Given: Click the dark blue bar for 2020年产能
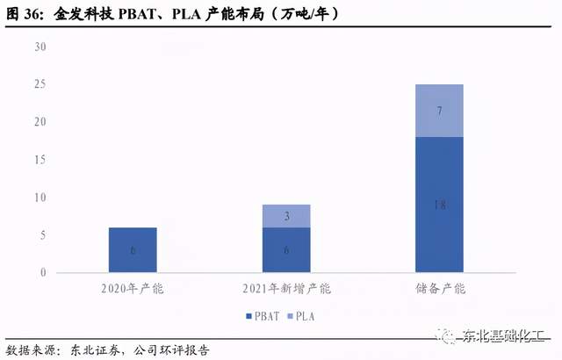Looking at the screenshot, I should pyautogui.click(x=133, y=250).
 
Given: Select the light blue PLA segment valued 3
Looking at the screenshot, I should pyautogui.click(x=286, y=216).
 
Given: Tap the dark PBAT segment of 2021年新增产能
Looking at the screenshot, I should pyautogui.click(x=286, y=250).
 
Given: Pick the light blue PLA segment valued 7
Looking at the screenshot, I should pyautogui.click(x=439, y=111).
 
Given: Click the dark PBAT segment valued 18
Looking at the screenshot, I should pyautogui.click(x=439, y=205).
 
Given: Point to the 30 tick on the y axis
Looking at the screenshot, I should pyautogui.click(x=40, y=47).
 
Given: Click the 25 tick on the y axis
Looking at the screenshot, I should pyautogui.click(x=40, y=84).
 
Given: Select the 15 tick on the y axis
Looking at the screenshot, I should pyautogui.click(x=40, y=160).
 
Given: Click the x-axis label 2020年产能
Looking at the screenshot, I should pyautogui.click(x=133, y=289).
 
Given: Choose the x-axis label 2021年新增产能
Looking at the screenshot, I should pyautogui.click(x=286, y=289).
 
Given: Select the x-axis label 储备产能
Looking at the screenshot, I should pyautogui.click(x=439, y=289).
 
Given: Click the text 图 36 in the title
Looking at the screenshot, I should pyautogui.click(x=24, y=15).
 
